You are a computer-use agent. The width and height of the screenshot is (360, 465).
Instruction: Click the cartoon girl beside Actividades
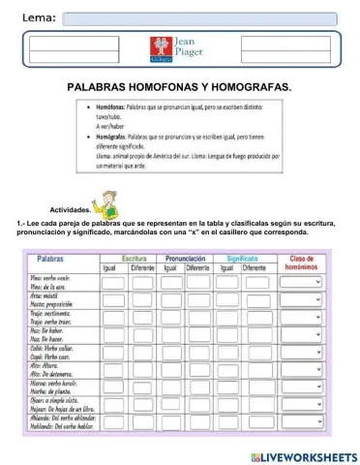pos(107,202)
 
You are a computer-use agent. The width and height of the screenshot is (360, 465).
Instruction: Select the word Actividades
pos(70,209)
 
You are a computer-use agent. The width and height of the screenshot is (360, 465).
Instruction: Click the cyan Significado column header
pos(244,259)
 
